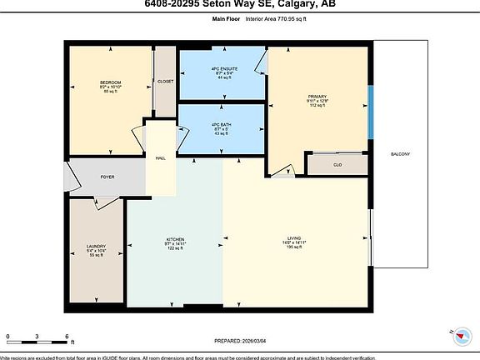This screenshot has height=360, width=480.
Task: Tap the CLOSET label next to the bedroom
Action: [x=165, y=82]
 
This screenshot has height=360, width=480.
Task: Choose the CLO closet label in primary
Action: [x=336, y=165]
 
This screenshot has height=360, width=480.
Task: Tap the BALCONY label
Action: [x=400, y=155]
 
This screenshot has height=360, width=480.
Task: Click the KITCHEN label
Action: [x=175, y=238]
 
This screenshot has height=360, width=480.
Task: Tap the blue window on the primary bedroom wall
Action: [x=371, y=102]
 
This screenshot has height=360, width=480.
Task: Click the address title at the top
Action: [x=240, y=4]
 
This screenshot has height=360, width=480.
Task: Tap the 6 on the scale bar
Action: [x=66, y=337]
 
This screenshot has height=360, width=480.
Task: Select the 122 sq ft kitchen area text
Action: [x=175, y=249]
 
